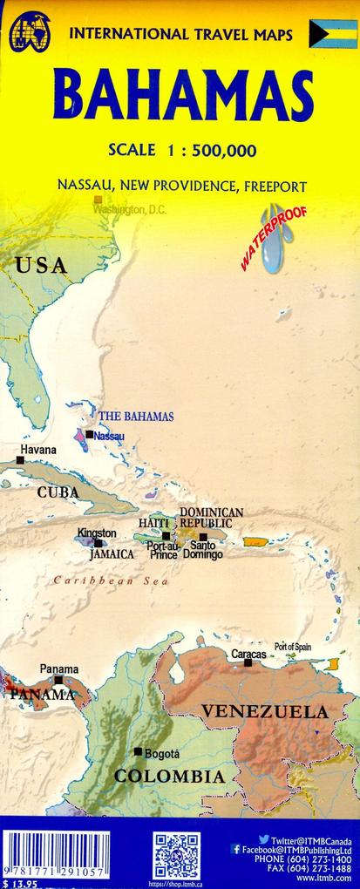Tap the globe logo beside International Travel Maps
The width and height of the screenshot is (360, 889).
tap(29, 31)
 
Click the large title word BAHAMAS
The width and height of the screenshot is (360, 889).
tap(183, 97)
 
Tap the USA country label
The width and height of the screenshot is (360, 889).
tap(40, 266)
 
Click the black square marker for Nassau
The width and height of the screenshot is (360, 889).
tap(89, 433)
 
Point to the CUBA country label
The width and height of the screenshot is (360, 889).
tap(58, 492)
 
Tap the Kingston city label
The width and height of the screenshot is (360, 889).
tap(96, 533)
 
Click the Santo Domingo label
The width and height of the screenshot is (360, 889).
tap(202, 549)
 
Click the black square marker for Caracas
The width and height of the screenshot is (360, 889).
tap(248, 663)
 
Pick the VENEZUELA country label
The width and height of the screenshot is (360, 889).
tap(265, 712)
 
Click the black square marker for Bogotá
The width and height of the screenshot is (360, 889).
tap(138, 751)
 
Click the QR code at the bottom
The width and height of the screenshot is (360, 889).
tap(177, 855)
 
